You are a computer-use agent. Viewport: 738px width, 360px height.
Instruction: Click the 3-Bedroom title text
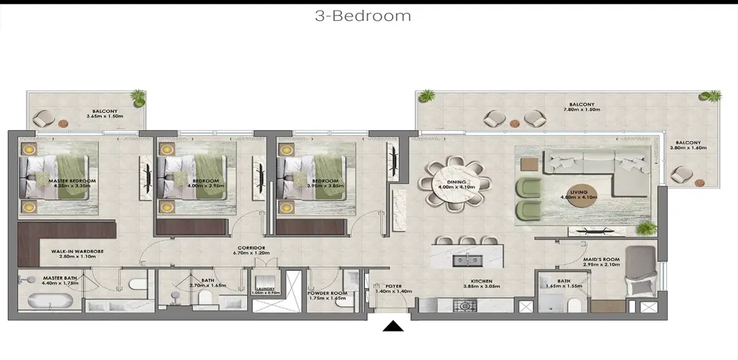coord(363,16)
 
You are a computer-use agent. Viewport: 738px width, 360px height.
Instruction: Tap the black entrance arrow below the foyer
coord(392,326)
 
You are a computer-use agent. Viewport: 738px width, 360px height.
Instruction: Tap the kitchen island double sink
coord(466,260)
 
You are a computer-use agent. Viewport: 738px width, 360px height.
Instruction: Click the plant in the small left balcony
coord(138,97)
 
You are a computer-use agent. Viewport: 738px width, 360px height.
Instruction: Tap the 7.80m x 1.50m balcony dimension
coord(581,110)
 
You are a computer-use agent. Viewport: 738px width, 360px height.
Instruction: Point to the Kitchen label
coord(482,284)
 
